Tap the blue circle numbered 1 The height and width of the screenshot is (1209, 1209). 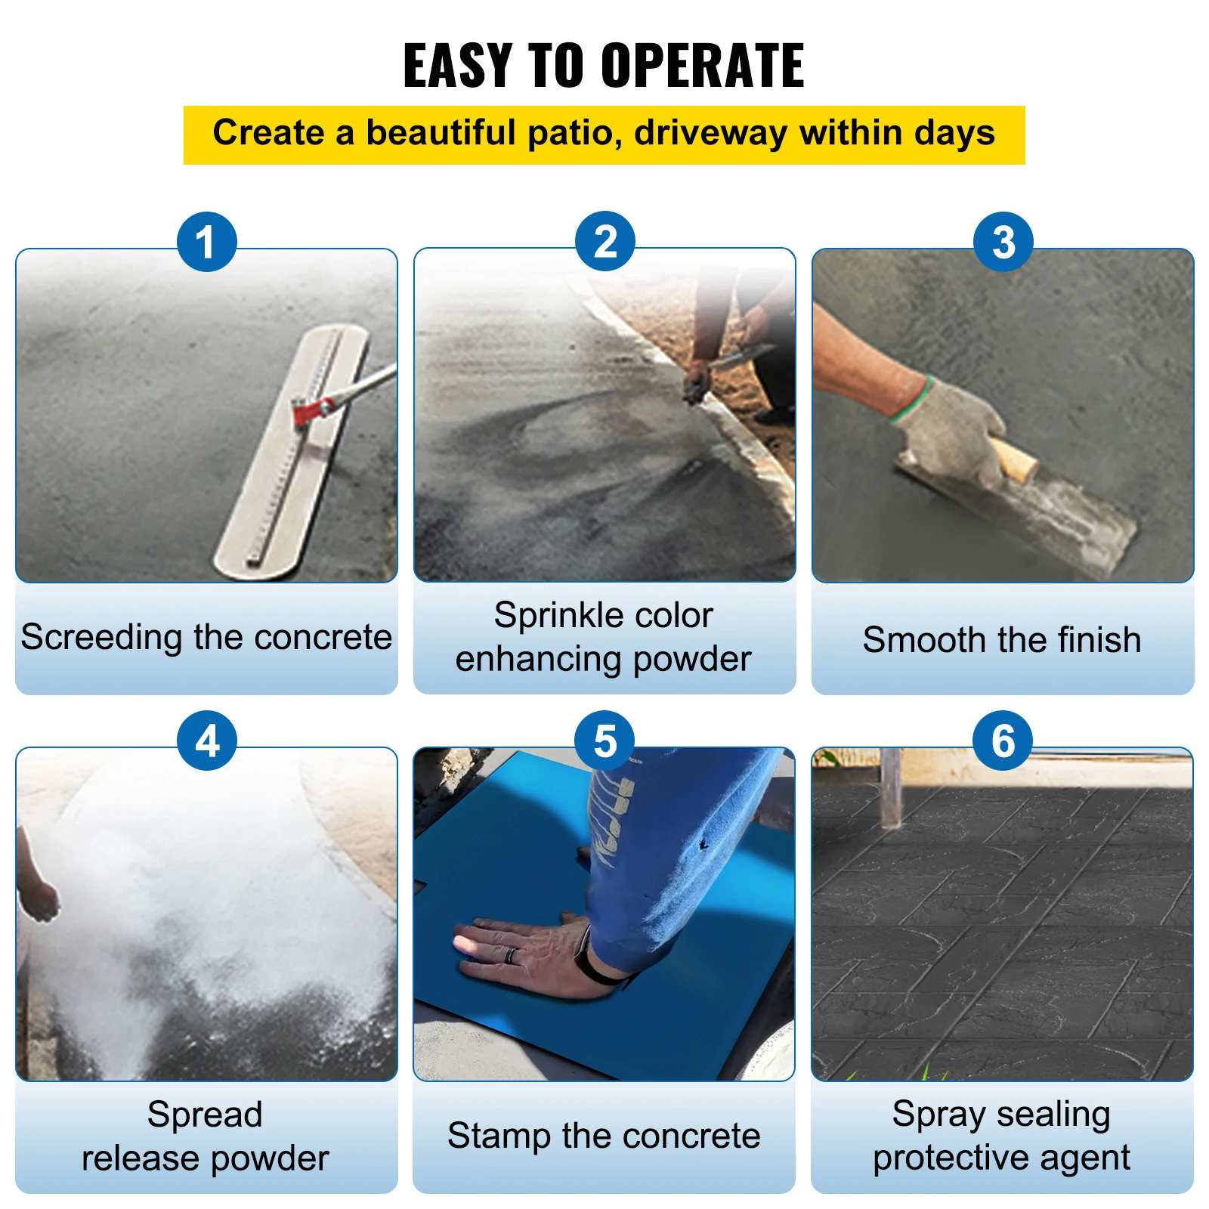(x=207, y=242)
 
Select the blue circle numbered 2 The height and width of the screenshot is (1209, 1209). (x=604, y=242)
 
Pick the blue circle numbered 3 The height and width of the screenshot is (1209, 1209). (x=1003, y=242)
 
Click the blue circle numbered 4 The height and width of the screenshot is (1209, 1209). (x=207, y=741)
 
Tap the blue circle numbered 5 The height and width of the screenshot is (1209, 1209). (x=604, y=741)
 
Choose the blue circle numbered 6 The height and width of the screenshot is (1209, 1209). (x=1003, y=741)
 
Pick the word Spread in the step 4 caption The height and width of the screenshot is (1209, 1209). (x=205, y=1115)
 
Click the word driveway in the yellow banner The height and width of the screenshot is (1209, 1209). (x=711, y=133)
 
